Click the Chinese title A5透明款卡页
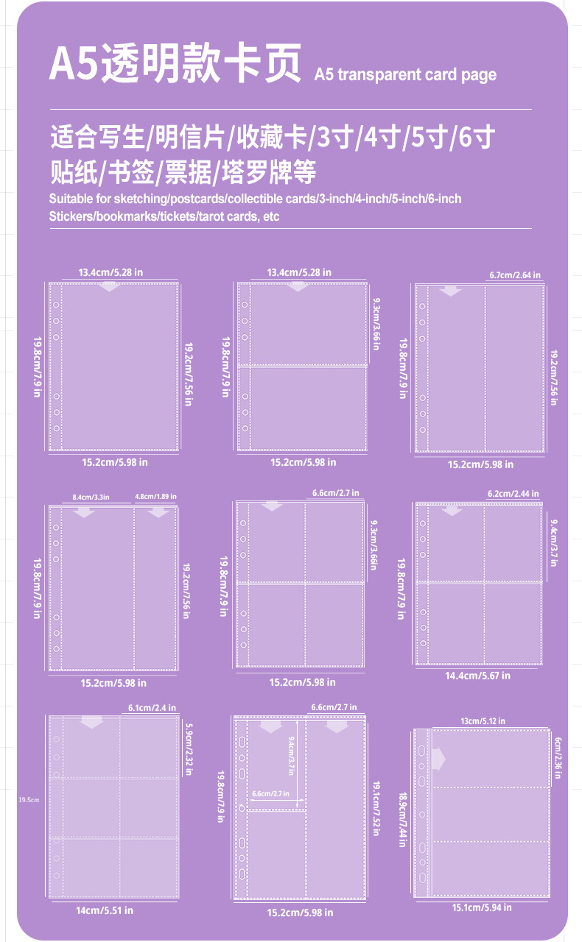click(175, 64)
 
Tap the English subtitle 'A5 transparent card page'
click(404, 74)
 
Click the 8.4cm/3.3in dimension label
click(91, 497)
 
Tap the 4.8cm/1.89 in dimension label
click(156, 497)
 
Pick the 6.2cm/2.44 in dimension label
click(513, 493)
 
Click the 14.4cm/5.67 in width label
click(477, 675)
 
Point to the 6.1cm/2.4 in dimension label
click(147, 708)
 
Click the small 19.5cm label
click(28, 799)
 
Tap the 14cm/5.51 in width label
click(105, 910)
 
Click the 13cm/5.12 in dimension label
click(483, 721)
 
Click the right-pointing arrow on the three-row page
click(439, 758)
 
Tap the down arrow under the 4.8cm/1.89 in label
click(158, 512)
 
